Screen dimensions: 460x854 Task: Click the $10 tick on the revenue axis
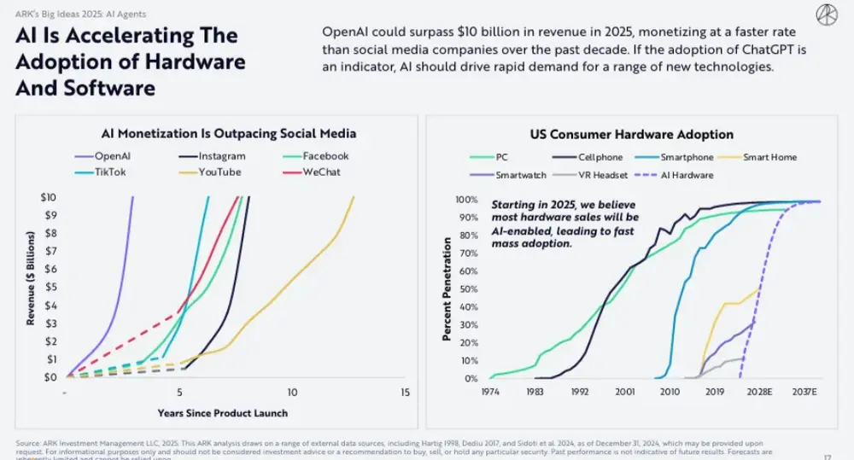(x=50, y=197)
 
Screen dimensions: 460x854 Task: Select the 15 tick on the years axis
(x=405, y=393)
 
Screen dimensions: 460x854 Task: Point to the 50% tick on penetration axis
(x=465, y=289)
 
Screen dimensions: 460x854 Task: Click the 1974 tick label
(x=490, y=392)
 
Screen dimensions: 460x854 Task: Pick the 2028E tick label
(x=758, y=392)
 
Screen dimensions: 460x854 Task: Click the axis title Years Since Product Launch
(x=222, y=413)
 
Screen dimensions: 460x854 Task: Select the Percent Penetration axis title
(x=446, y=290)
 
